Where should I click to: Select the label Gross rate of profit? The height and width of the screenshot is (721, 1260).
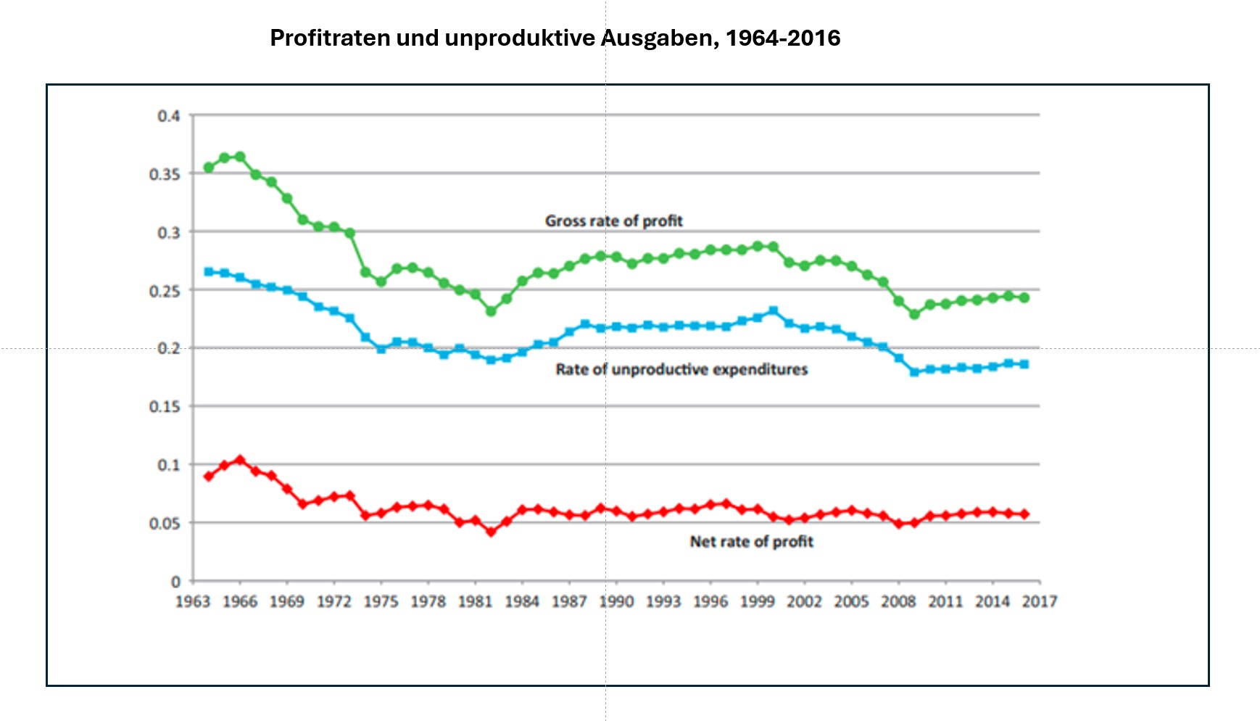coord(613,221)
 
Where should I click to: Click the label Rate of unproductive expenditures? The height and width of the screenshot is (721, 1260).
coord(681,369)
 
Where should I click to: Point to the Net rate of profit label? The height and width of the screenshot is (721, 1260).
coord(751,541)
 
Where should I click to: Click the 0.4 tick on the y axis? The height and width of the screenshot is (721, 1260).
coord(168,116)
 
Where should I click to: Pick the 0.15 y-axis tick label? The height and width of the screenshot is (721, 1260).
coord(164,407)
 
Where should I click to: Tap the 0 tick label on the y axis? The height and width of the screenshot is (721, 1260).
coord(175,582)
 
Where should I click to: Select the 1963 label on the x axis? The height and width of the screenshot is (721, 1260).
coord(193,601)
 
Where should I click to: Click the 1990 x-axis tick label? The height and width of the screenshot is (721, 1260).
coord(616,601)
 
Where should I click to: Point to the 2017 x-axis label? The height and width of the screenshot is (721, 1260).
coord(1040,601)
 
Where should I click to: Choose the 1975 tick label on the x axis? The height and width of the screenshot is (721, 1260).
coord(381,601)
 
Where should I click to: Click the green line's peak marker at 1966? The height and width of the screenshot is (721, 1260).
coord(240,157)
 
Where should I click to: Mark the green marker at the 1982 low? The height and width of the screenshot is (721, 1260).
coord(491,311)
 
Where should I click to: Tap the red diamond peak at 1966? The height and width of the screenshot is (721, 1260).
coord(240,460)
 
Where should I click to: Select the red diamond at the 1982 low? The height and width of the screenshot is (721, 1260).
coord(491,532)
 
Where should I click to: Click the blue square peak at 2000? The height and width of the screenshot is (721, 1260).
coord(773,310)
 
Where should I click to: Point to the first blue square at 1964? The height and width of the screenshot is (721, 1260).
coord(209,271)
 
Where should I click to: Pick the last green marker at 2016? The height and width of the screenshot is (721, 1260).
coord(1024,297)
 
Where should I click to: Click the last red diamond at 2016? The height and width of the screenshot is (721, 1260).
coord(1024,514)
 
